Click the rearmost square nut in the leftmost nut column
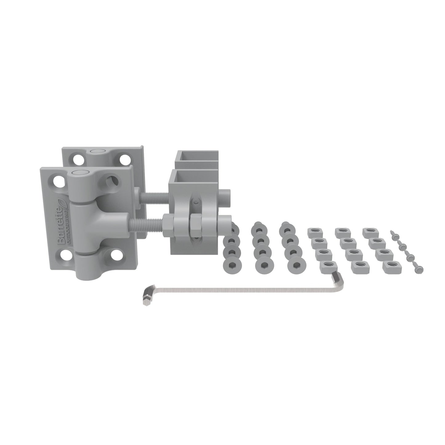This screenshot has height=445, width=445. coord(314,231)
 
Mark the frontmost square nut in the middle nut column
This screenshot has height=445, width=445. coord(357,265)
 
